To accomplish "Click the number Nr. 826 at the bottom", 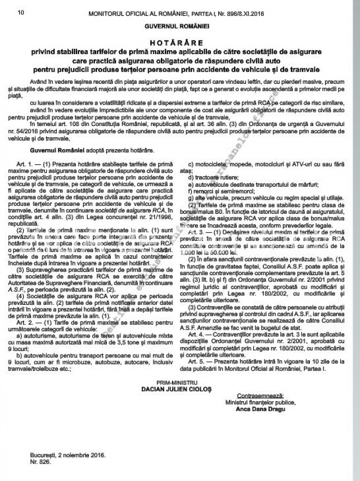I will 37,461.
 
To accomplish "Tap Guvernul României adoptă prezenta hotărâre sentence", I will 92,151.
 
